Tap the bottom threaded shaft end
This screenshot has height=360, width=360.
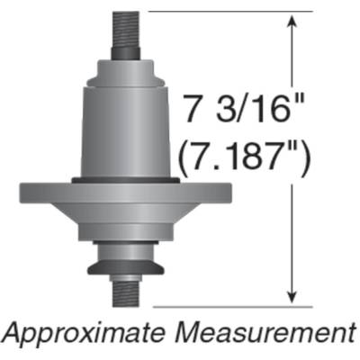coord(126,293)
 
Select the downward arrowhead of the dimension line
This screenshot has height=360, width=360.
coord(292,299)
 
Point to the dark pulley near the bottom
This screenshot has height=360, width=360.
coord(126,265)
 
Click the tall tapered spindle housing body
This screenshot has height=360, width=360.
coord(126,126)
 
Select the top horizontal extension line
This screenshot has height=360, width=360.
coord(229,12)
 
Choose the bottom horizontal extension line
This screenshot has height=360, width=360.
coord(229,306)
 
